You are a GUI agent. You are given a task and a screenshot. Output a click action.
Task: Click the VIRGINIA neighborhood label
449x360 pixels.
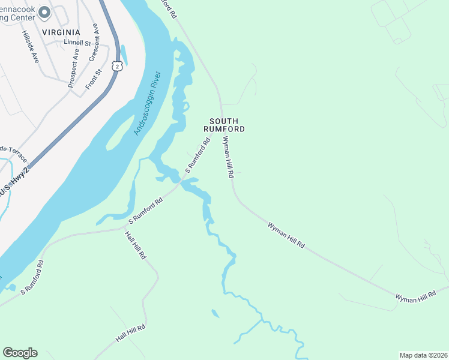click(61, 32)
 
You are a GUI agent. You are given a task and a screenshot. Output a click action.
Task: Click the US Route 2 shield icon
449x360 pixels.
click(118, 64)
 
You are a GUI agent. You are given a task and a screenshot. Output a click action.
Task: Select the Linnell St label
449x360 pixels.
click(77, 43)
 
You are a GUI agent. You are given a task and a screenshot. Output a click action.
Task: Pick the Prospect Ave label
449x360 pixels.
click(73, 68)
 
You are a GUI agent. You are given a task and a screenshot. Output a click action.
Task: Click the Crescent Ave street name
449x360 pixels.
click(94, 43)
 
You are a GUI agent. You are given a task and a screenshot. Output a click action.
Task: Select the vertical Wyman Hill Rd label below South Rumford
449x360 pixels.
click(228, 157)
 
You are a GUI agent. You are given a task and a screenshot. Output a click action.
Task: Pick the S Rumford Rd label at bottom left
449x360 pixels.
click(32, 278)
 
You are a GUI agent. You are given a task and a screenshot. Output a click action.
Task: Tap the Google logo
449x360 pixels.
click(20, 353)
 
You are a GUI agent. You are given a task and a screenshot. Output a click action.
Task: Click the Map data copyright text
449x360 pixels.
click(423, 355)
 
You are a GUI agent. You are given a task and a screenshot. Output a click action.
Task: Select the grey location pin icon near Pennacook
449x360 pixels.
click(44, 12)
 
